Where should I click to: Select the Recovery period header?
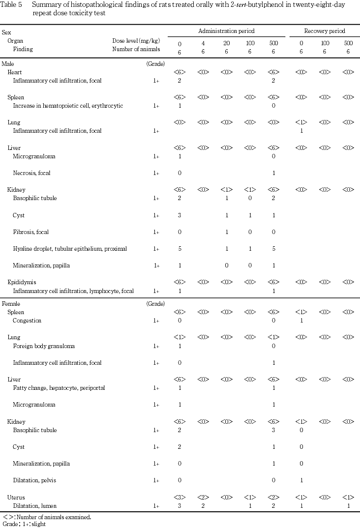325,31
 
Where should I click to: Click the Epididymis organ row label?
22,282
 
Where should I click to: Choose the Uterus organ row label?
16,498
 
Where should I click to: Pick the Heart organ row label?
15,72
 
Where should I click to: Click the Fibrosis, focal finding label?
30,232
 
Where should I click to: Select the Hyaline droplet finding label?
70,249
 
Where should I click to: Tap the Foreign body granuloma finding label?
44,346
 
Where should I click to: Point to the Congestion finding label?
27,321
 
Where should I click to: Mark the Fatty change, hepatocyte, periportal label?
59,388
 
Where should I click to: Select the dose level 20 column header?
226,43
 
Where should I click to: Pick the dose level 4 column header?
203,43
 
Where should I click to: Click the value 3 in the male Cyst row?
180,215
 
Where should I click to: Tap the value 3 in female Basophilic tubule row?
273,430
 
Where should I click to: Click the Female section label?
11,304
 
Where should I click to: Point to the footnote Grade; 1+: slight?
24,524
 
